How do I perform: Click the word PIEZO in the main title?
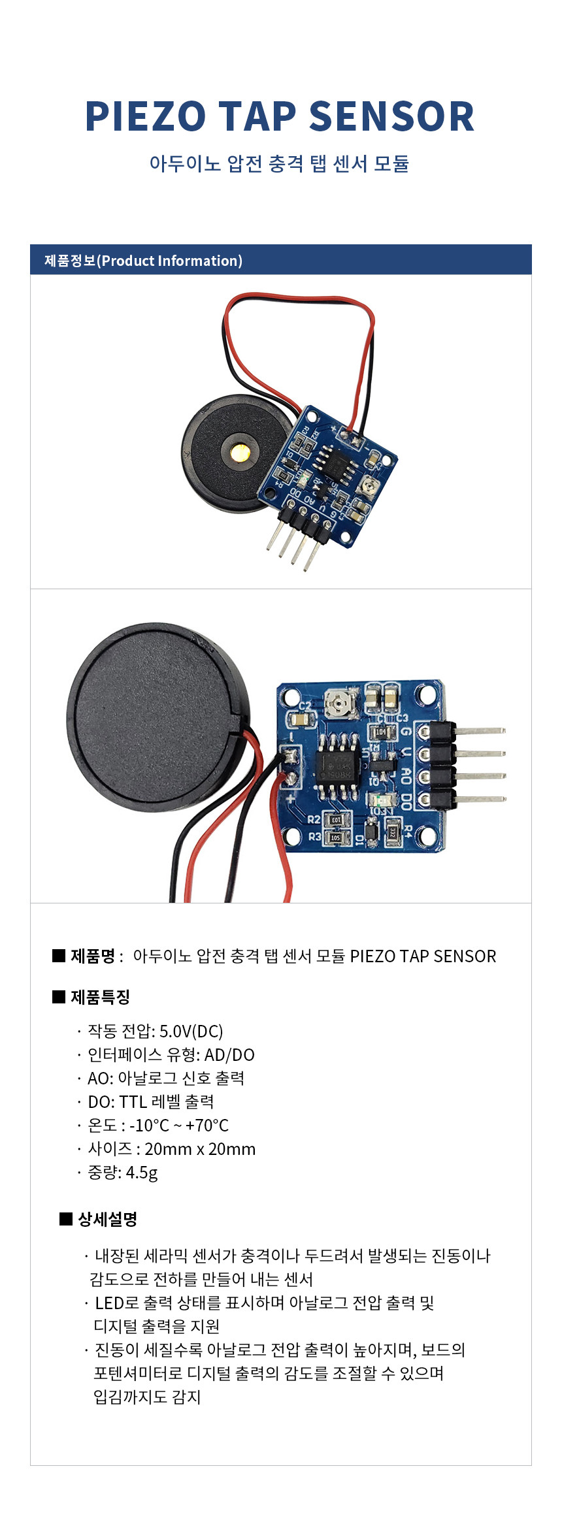[x=146, y=117]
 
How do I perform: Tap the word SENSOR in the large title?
[x=391, y=117]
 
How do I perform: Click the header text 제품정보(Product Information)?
[x=143, y=261]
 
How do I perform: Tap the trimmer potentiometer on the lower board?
[x=339, y=704]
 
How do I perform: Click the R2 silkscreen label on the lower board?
[x=314, y=819]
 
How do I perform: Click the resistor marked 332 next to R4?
[x=392, y=832]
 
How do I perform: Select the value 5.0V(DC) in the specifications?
[x=191, y=1031]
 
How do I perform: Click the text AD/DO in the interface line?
[x=229, y=1054]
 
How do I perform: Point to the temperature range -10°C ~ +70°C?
[x=179, y=1125]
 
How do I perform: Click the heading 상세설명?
[x=107, y=1219]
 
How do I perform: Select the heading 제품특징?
[x=100, y=997]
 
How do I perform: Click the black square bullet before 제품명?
[x=59, y=956]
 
